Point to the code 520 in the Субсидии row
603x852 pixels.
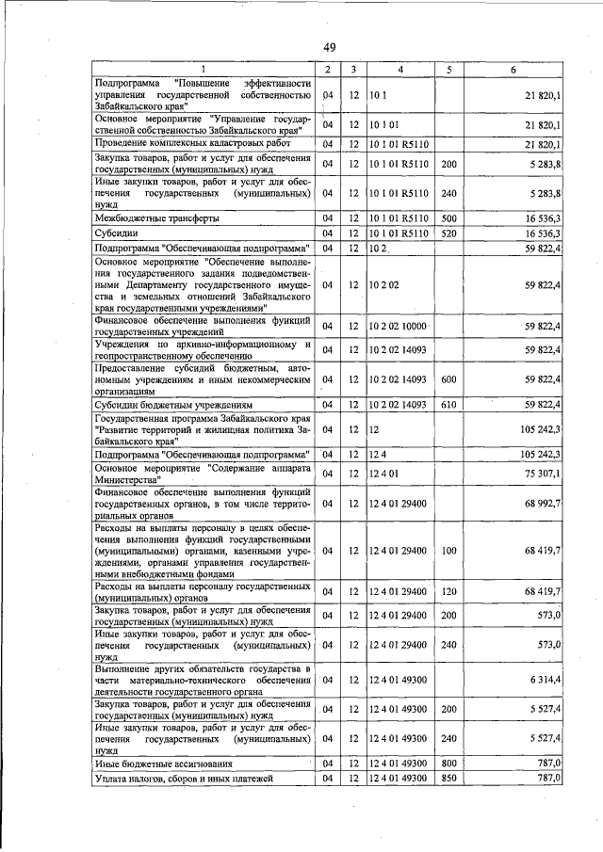coord(448,233)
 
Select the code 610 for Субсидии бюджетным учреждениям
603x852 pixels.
coord(448,405)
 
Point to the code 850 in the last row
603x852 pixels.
coord(448,779)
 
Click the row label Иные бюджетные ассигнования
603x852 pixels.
coord(154,764)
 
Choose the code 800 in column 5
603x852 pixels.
coord(448,764)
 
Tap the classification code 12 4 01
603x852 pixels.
coord(386,474)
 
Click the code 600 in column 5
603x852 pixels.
coord(448,380)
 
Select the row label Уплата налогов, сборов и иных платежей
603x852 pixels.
coord(184,779)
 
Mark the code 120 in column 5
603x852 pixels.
coord(448,591)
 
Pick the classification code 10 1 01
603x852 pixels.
coord(386,125)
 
